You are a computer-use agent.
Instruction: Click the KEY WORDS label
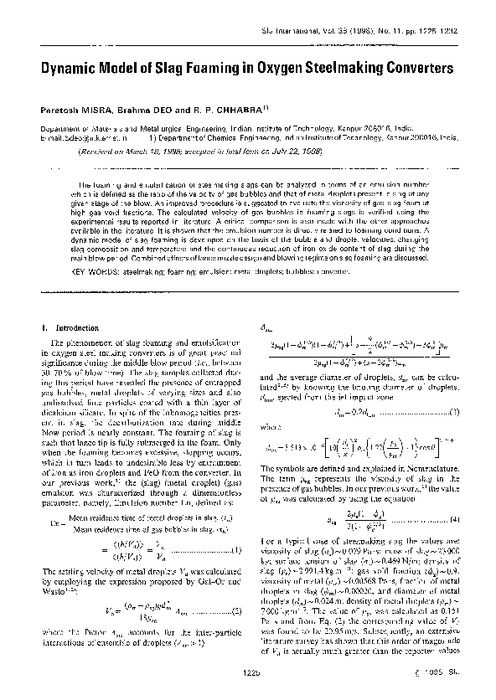98,272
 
